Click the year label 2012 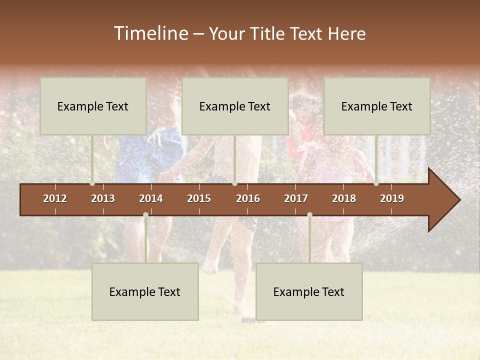tap(55, 198)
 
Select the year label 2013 tap(103, 198)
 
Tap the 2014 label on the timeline tap(151, 198)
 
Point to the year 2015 tap(199, 198)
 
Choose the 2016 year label tap(248, 198)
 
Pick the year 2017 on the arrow tap(296, 198)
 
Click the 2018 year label tap(344, 198)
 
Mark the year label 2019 tap(392, 198)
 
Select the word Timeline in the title tap(150, 33)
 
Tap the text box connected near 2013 tap(93, 106)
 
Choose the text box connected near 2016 tap(235, 106)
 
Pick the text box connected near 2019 tap(377, 106)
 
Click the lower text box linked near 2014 tap(145, 291)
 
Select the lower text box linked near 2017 tap(309, 291)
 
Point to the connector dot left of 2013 tap(92, 183)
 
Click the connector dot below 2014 tap(145, 215)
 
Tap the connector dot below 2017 tap(309, 215)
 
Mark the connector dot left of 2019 tap(376, 183)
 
